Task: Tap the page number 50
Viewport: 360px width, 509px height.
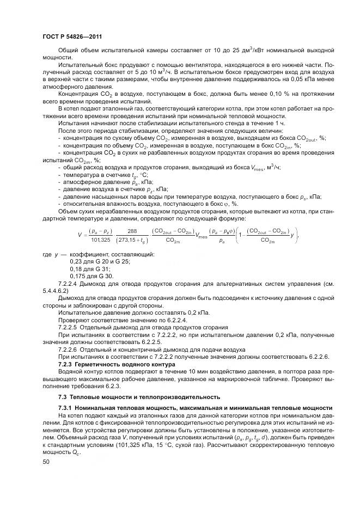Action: (x=46, y=462)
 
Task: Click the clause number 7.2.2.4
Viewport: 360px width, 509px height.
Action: (x=68, y=284)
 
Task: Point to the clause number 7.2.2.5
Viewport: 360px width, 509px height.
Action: (x=68, y=327)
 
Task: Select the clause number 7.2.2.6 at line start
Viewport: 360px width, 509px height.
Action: (x=68, y=349)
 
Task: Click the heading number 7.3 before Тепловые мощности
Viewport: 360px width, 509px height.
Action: (x=62, y=396)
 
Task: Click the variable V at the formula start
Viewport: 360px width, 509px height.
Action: (x=80, y=236)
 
